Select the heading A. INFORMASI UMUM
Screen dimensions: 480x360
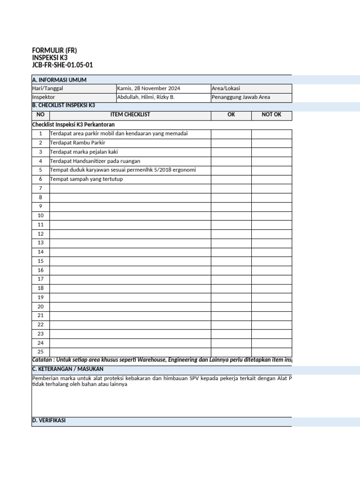coord(59,80)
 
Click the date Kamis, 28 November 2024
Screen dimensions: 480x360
coord(148,89)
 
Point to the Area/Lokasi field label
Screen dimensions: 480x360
coord(226,89)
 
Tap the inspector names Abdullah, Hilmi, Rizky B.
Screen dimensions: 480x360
coord(145,97)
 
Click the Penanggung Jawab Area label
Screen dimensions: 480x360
coord(240,97)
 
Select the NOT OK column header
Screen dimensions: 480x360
coord(271,115)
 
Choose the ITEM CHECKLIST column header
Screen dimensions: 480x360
coord(130,115)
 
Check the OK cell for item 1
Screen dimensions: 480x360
coord(231,134)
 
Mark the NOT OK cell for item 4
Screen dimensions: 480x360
coord(271,161)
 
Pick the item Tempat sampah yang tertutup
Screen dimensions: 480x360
coord(87,179)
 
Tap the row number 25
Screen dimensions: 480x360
coord(40,352)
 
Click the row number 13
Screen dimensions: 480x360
coord(40,243)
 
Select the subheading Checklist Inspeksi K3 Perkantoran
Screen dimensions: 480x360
coord(73,125)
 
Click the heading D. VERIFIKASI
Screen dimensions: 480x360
coord(49,420)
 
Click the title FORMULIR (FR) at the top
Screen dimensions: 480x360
coord(54,50)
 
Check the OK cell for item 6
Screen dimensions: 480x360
coord(231,179)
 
